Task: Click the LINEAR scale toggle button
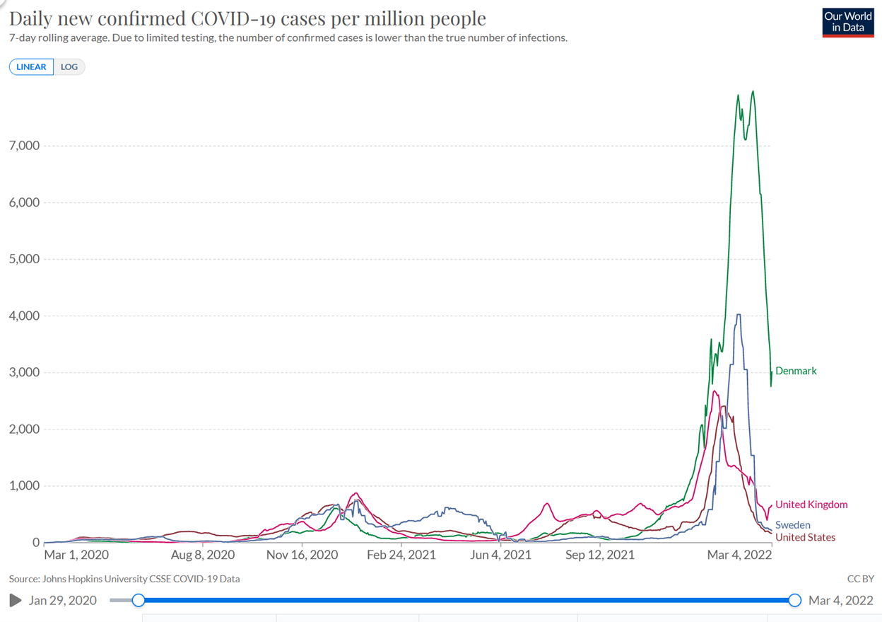31,67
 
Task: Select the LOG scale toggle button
69,67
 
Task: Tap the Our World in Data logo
847,22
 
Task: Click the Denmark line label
796,371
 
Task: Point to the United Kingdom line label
811,505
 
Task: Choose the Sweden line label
793,525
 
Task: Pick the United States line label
806,537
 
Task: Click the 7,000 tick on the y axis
23,146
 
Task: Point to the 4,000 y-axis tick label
23,316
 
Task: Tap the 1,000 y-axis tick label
23,486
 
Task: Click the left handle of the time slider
139,600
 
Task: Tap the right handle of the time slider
795,600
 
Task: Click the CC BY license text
860,579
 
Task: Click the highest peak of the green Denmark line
753,91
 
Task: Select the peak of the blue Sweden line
739,315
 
